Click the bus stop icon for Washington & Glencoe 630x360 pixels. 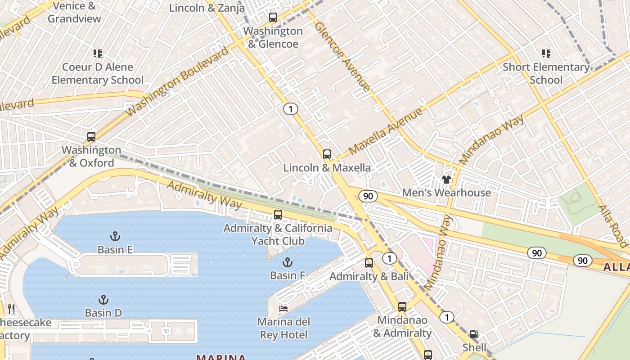(273, 18)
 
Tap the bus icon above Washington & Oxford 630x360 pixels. (91, 136)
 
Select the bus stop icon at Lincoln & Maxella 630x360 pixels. (327, 154)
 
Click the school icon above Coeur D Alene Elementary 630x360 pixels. (98, 54)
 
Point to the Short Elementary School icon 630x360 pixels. (546, 54)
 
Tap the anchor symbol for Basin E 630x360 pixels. (115, 236)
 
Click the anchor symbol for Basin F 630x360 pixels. (287, 262)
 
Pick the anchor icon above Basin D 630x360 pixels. (103, 299)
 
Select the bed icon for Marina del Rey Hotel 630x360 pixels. (283, 308)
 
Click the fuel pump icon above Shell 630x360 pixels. (474, 334)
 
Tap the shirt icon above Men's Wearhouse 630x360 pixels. (446, 180)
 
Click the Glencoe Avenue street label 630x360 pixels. (342, 56)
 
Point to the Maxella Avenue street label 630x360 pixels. (386, 131)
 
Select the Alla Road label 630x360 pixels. (613, 226)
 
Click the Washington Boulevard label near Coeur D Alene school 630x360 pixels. (178, 81)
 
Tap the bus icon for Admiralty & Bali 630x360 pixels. (369, 263)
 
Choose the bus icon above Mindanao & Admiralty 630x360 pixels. (402, 307)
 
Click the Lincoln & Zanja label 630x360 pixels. (207, 8)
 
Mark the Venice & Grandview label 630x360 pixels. (75, 12)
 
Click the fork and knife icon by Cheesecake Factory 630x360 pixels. (11, 309)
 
